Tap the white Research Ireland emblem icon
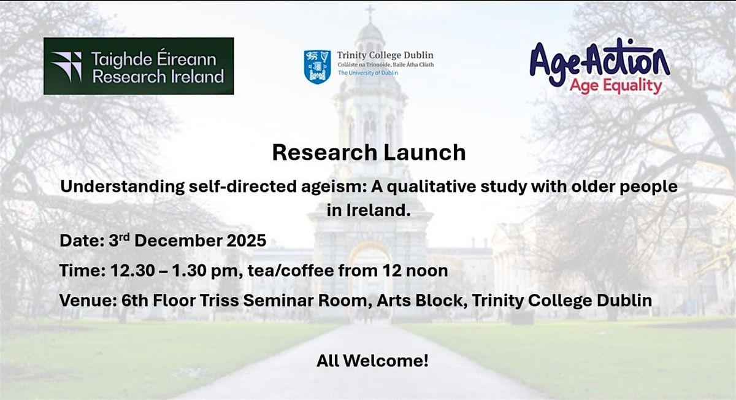point(66,66)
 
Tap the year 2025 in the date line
point(244,240)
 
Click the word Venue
point(83,301)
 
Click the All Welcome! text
point(372,361)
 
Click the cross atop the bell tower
point(370,13)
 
